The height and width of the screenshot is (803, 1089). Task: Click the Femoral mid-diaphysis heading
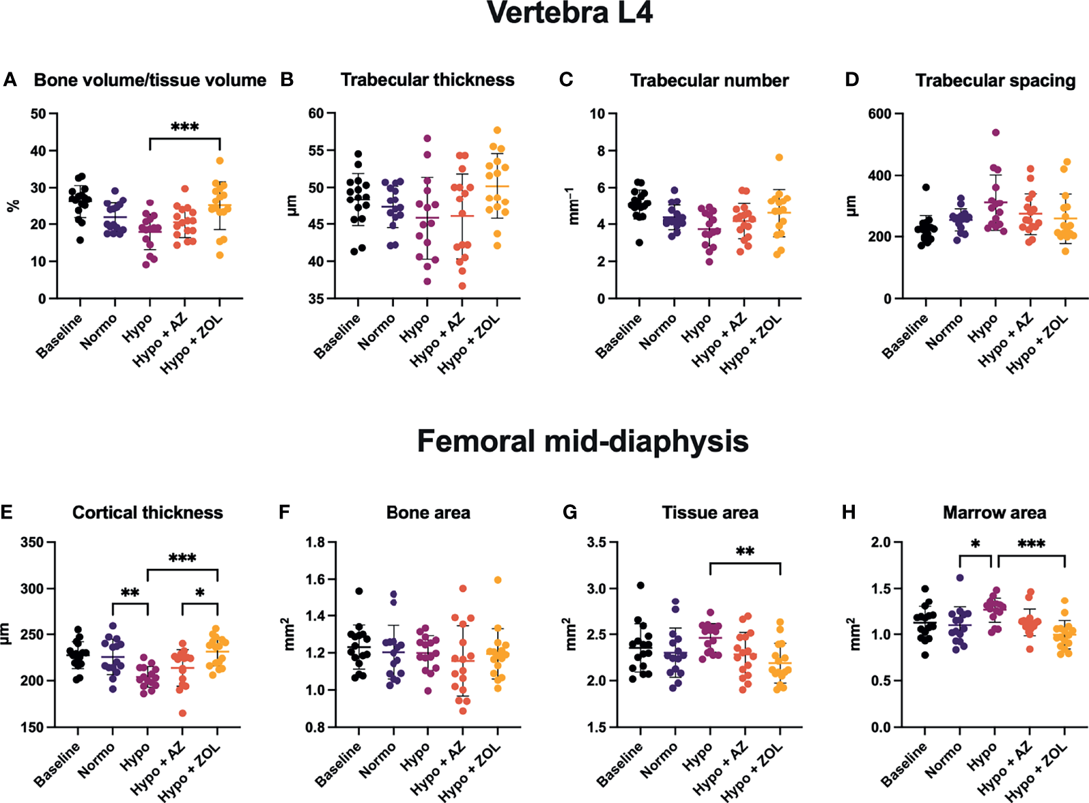coord(582,441)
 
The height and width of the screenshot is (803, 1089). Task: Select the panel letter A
coord(10,80)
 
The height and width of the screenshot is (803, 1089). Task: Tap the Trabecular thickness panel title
coord(427,80)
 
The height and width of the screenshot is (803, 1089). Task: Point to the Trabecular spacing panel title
coord(995,81)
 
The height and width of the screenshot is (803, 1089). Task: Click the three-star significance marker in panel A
coord(184,127)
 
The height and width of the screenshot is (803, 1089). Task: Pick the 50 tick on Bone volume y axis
coord(38,113)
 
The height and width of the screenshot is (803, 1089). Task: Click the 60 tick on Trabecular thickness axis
coord(316,113)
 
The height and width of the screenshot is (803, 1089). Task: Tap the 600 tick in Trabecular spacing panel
coord(880,114)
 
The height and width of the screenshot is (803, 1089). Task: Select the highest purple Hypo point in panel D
coord(995,132)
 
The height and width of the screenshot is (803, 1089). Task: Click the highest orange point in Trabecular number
coord(779,158)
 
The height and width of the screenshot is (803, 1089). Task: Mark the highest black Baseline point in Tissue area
coord(640,585)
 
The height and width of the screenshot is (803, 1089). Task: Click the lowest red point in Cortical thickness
coord(182,714)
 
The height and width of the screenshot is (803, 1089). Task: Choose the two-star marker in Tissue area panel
coord(745,551)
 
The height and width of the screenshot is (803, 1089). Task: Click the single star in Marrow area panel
coord(976,544)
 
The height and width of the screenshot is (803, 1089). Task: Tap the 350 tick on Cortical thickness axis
coord(31,542)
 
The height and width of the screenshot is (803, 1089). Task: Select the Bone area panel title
coord(428,512)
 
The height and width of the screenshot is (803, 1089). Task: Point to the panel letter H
coord(849,512)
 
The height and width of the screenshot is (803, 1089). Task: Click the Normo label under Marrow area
coord(944,760)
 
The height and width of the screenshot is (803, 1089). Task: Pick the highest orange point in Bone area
coord(498,580)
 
